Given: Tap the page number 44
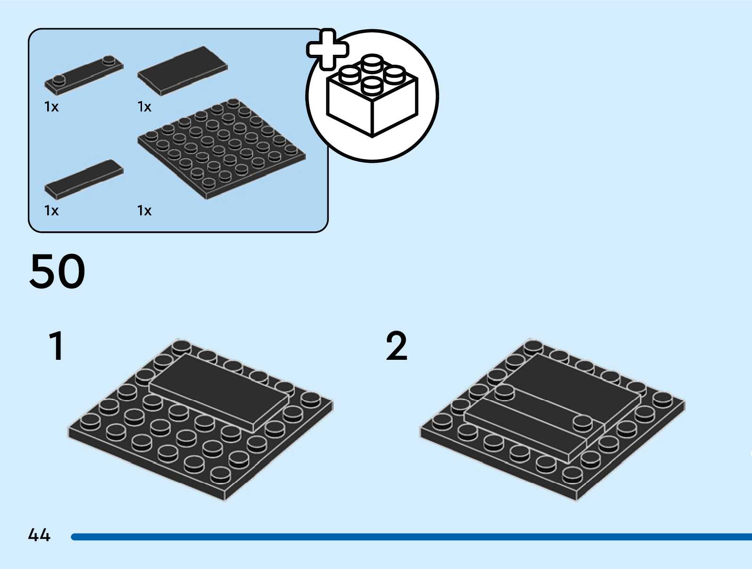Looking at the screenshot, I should point(39,535).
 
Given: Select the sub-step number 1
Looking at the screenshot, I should point(57,346).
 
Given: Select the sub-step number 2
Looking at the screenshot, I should point(396,346).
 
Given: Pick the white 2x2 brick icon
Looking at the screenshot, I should point(372,97).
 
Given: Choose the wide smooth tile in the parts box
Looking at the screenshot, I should point(183,70).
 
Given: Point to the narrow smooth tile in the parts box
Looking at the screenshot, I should point(84,179).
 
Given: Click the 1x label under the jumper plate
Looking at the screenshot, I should point(51,107).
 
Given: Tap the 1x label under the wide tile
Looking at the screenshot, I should point(144,107).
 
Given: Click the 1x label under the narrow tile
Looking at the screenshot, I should point(51,211).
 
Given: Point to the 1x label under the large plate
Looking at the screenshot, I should point(144,211).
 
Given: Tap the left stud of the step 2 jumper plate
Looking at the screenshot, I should point(504,391).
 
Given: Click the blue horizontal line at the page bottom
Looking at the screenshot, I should point(410,537).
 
